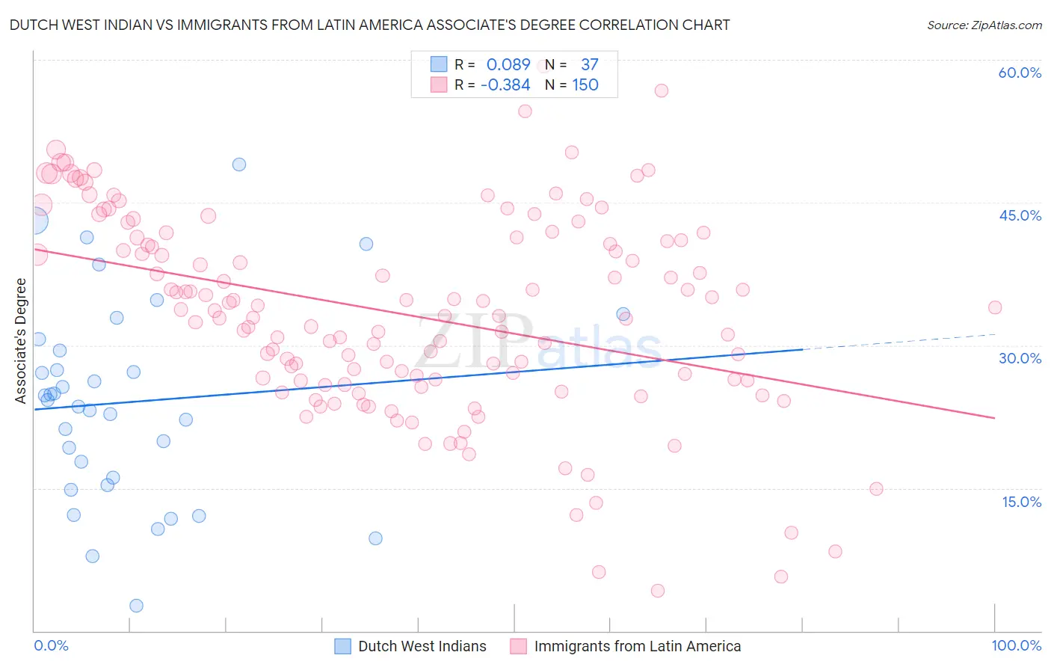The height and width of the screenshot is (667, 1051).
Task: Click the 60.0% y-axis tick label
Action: click(1020, 73)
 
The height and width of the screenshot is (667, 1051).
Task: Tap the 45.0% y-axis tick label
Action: click(1020, 215)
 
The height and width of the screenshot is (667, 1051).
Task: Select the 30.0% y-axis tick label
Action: click(1020, 358)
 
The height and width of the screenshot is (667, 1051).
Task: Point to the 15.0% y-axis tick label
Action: click(1021, 501)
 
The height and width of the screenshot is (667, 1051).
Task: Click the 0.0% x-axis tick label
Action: click(51, 645)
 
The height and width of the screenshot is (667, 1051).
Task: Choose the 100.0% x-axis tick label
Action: click(1016, 645)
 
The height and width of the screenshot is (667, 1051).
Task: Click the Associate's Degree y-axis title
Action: click(21, 340)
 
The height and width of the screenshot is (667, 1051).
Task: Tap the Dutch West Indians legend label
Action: click(422, 646)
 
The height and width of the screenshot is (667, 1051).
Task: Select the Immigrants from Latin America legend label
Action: click(638, 646)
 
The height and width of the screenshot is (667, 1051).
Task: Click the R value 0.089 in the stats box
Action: click(508, 65)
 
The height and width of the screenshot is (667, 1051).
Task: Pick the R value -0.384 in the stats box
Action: click(505, 85)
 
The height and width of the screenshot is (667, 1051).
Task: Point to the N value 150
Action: click(585, 85)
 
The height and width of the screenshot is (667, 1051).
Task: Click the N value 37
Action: click(589, 65)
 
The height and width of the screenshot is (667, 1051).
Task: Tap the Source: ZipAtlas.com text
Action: click(984, 25)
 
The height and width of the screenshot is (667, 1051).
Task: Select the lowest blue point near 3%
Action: click(136, 606)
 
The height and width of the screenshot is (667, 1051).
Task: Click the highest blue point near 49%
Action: click(239, 165)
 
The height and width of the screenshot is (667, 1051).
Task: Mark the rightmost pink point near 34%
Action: click(995, 307)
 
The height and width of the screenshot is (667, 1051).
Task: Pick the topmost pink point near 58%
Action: click(661, 90)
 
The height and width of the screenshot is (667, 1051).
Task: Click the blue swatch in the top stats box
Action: click(439, 65)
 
